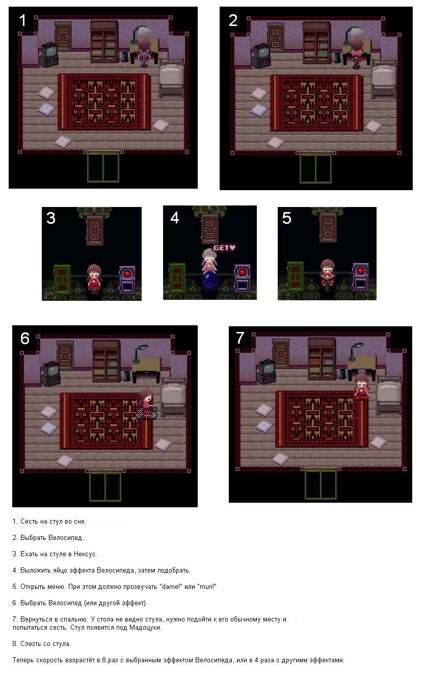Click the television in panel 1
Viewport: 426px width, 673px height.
48,54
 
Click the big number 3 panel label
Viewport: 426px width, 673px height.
51,218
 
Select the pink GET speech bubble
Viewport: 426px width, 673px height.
224,248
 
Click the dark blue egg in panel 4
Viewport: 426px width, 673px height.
209,281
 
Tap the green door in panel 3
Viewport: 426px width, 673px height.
62,279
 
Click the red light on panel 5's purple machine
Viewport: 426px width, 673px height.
361,271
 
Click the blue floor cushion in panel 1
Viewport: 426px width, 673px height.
47,109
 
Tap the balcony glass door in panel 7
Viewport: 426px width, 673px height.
321,484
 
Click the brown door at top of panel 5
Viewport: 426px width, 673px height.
328,227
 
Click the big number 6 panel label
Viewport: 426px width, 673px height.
25,339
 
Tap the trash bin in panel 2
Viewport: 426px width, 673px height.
337,58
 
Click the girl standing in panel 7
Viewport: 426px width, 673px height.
361,386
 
